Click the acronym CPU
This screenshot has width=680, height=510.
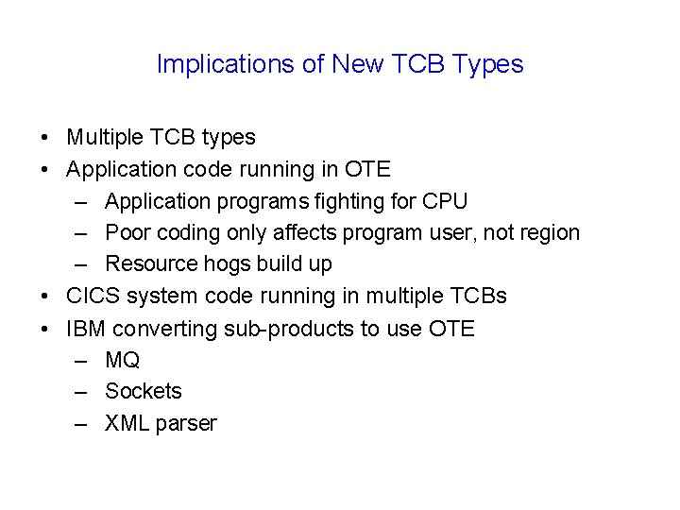click(444, 201)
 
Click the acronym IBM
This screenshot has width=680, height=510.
click(86, 329)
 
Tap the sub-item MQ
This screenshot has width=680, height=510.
click(123, 360)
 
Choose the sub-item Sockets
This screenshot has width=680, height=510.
click(143, 391)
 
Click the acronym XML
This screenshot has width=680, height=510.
click(126, 423)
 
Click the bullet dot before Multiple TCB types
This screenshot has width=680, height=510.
click(46, 138)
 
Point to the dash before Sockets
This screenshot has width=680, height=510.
click(81, 391)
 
